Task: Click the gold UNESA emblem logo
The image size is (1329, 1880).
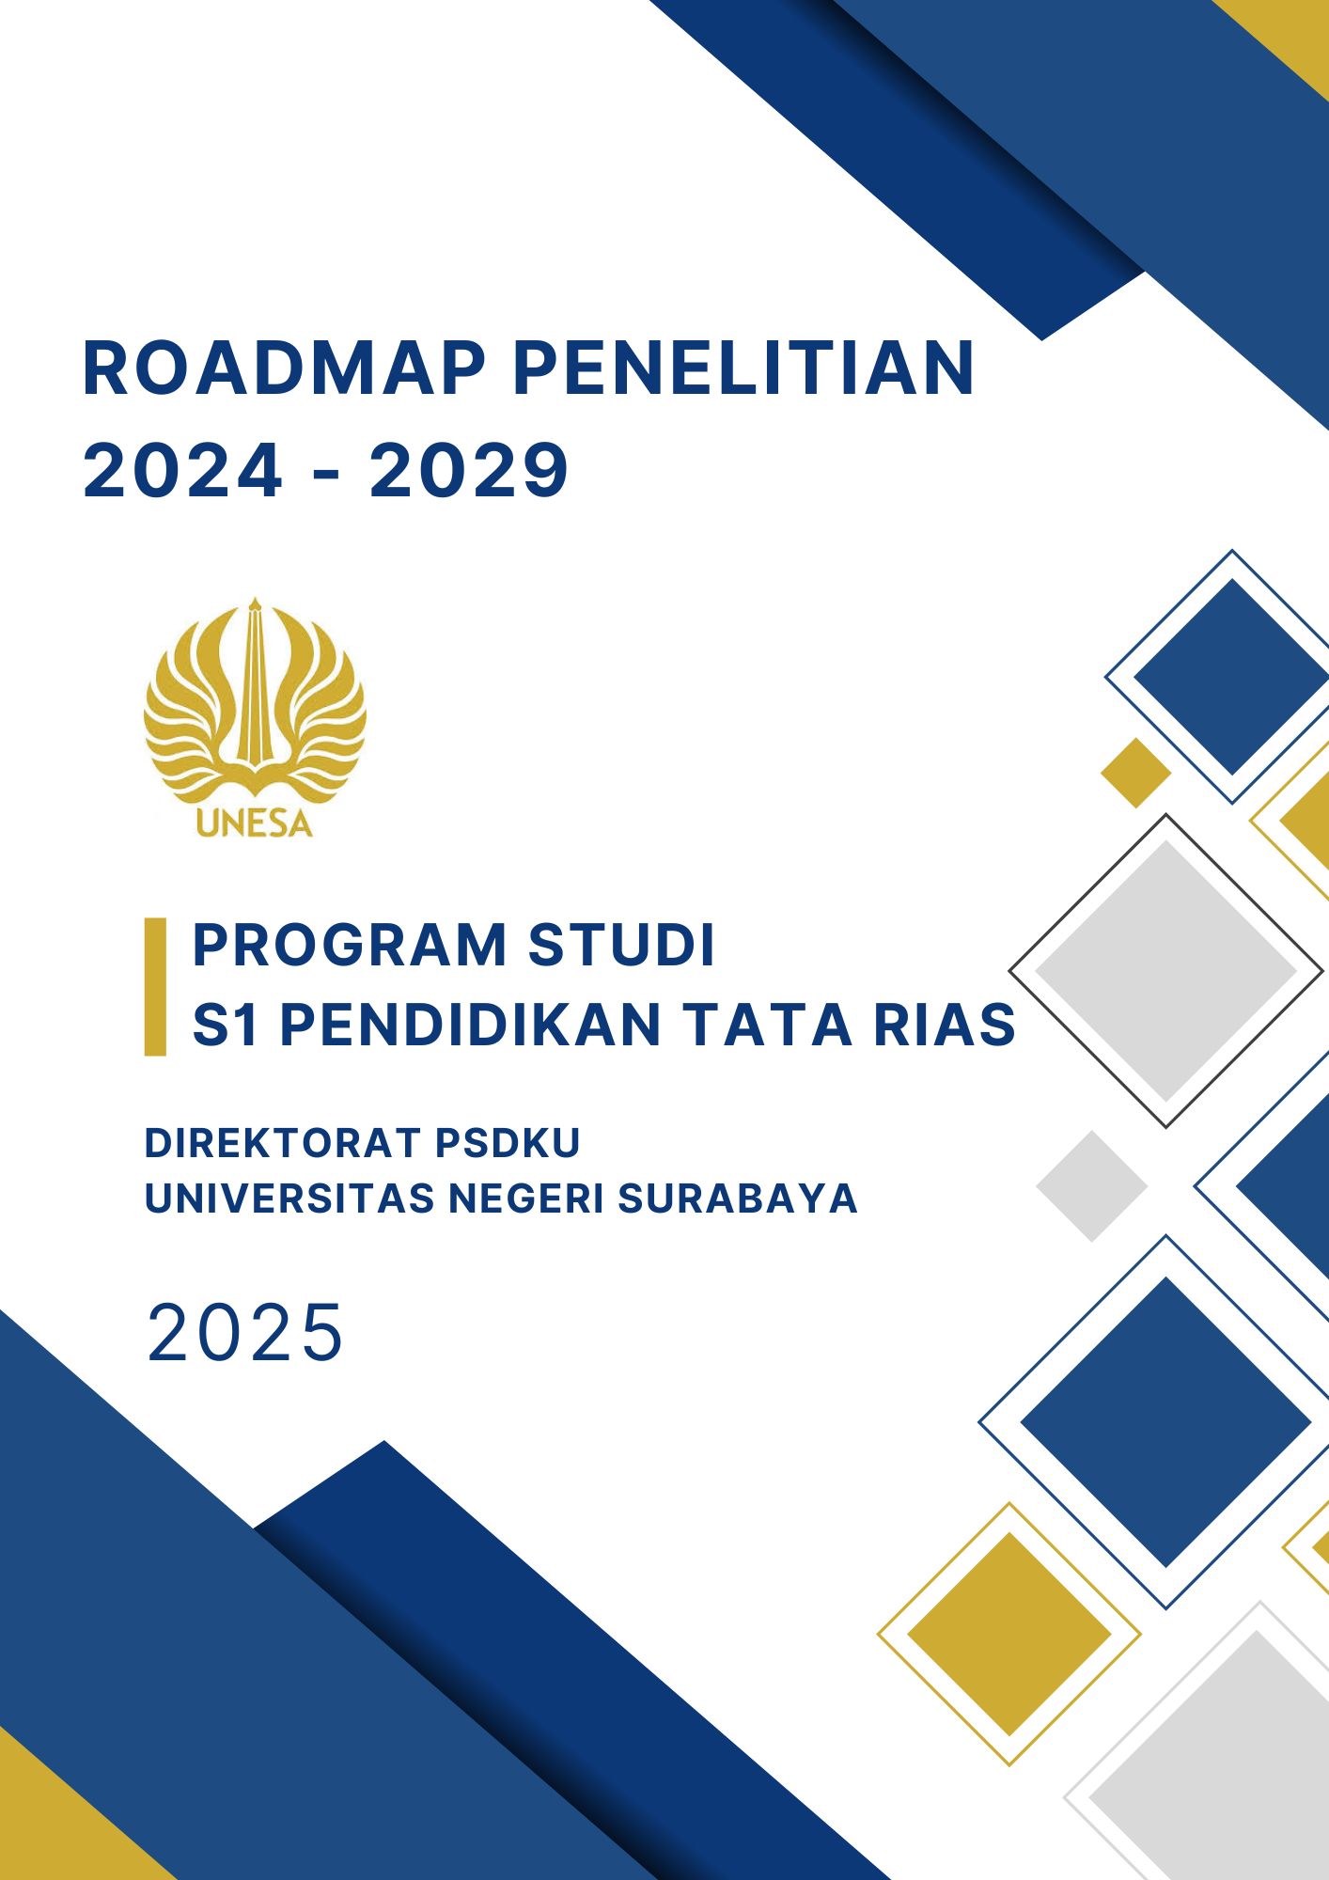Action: tap(255, 716)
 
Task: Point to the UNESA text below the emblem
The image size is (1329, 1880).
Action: tap(255, 823)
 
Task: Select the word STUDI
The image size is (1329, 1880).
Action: tap(622, 945)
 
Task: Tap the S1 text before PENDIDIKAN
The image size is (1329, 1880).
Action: tap(226, 1024)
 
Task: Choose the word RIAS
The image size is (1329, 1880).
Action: tap(945, 1024)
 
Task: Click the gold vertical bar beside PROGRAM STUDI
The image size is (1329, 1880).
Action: tap(155, 986)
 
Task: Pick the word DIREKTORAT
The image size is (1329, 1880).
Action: tap(282, 1143)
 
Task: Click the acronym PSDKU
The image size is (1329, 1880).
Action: tap(508, 1143)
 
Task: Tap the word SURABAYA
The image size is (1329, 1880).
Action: tap(738, 1198)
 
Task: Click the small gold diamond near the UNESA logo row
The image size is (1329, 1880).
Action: tap(1136, 773)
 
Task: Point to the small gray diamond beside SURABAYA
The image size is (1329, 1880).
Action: tap(1092, 1186)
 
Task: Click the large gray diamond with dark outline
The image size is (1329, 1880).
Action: tap(1166, 970)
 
